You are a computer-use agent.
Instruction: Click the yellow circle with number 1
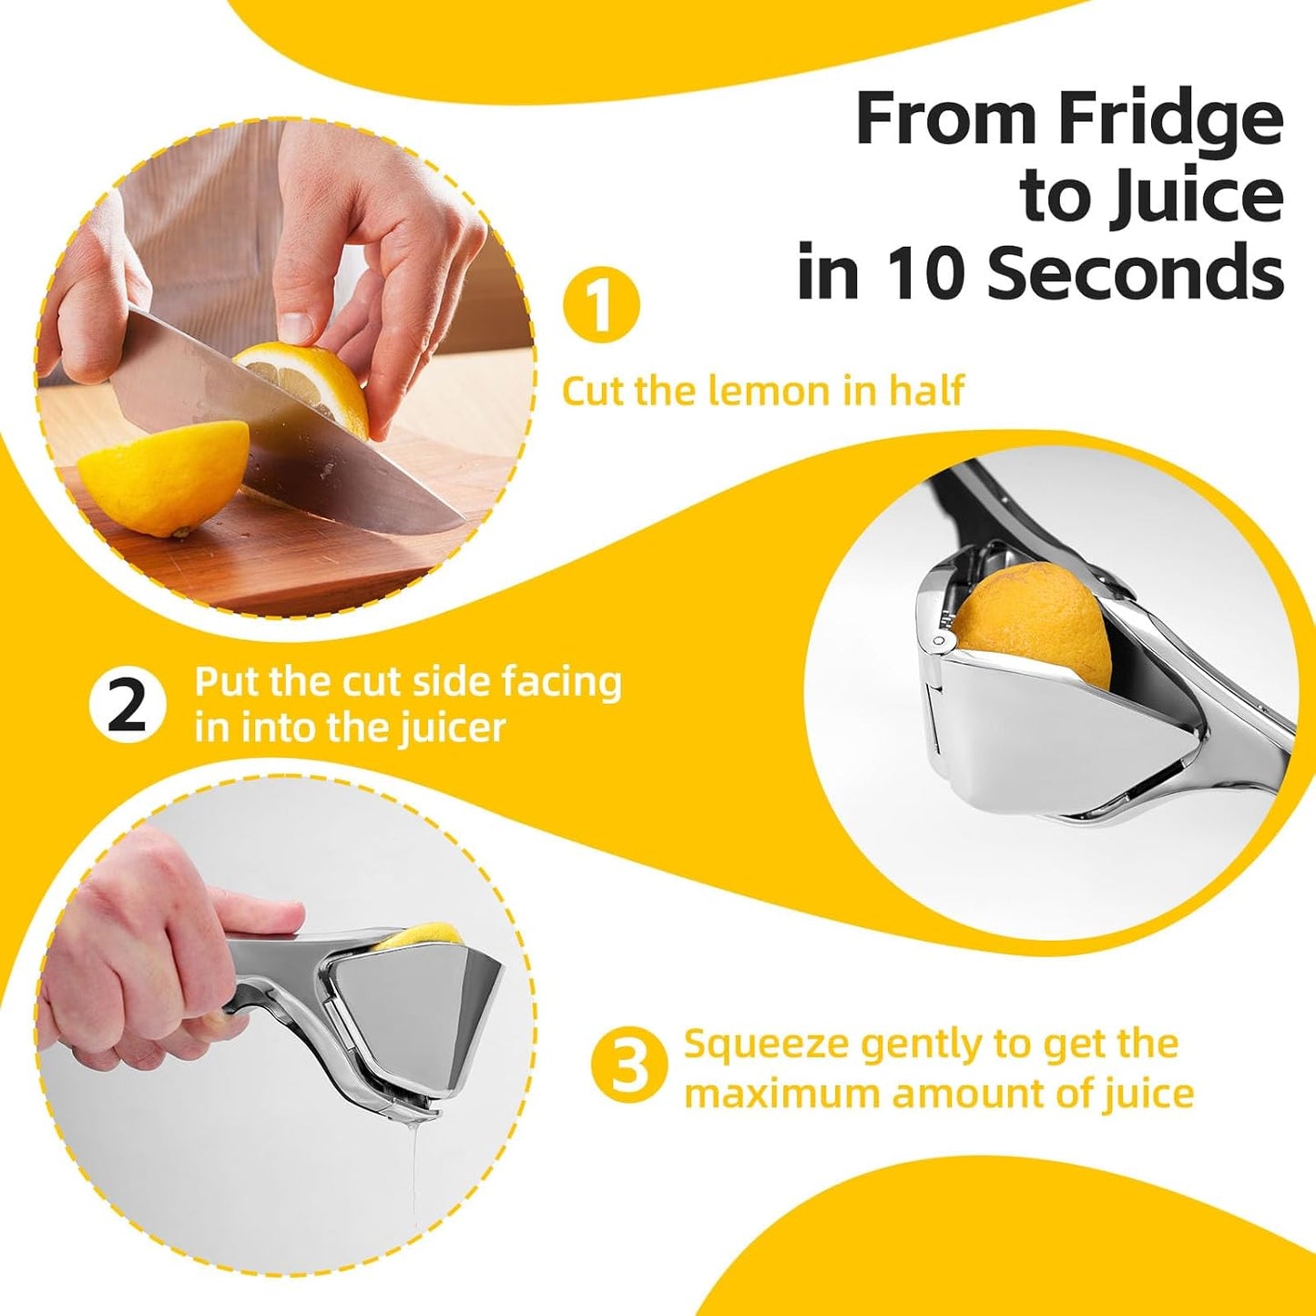point(601,305)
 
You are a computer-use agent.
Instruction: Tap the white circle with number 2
point(128,706)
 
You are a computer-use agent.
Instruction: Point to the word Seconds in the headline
point(1135,272)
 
